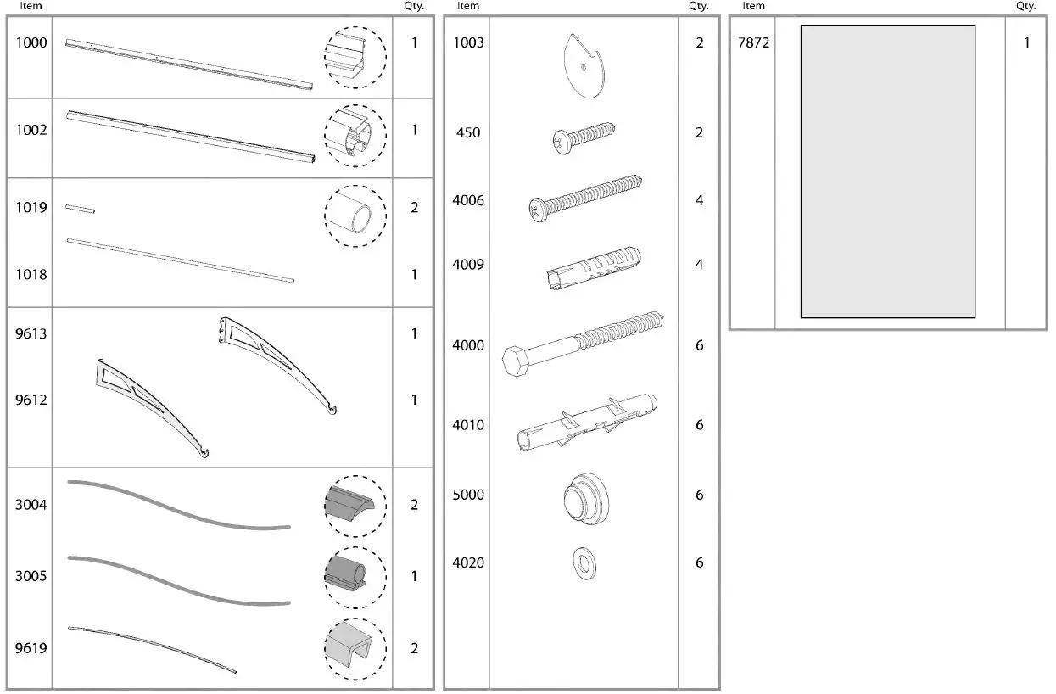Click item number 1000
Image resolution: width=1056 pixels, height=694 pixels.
pyautogui.click(x=31, y=42)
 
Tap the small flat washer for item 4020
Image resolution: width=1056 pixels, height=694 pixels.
pyautogui.click(x=584, y=562)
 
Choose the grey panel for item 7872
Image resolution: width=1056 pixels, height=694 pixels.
pyautogui.click(x=888, y=171)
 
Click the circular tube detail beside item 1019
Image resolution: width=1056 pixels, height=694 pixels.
pyautogui.click(x=355, y=216)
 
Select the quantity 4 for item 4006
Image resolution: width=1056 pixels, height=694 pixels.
pyautogui.click(x=699, y=201)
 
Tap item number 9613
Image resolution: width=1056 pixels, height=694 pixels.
pyautogui.click(x=31, y=333)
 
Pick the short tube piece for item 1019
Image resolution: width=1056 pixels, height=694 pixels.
pyautogui.click(x=80, y=208)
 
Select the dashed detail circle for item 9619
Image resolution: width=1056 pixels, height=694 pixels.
pyautogui.click(x=355, y=649)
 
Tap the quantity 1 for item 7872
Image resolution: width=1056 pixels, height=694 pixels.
pyautogui.click(x=1026, y=42)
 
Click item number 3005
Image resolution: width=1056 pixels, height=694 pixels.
pyautogui.click(x=31, y=576)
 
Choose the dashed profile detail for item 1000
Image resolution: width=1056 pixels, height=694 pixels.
pyautogui.click(x=355, y=57)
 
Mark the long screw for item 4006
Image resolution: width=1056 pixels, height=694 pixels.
pyautogui.click(x=585, y=199)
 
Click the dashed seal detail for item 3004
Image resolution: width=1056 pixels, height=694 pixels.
pyautogui.click(x=355, y=507)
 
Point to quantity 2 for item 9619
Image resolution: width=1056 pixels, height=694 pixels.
pyautogui.click(x=414, y=648)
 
